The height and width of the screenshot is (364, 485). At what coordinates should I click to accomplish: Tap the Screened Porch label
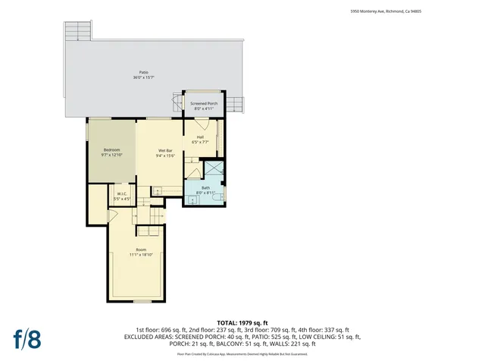tap(204, 103)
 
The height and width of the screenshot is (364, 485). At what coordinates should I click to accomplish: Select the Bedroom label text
tap(111, 150)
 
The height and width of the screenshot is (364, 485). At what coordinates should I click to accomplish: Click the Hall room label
tap(200, 137)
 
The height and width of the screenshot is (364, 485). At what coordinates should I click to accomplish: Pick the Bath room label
tap(205, 187)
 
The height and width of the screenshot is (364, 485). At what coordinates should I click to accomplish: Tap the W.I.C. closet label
tap(122, 193)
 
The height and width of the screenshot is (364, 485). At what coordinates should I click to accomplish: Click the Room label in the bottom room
tap(141, 249)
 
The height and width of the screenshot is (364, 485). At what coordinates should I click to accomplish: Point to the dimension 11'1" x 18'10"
tap(141, 255)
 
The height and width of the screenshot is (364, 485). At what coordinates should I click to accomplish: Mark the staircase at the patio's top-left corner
tap(78, 31)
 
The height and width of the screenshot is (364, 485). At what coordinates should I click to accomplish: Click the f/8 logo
tap(27, 339)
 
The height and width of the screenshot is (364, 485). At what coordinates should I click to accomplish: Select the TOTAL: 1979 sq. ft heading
tap(242, 322)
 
